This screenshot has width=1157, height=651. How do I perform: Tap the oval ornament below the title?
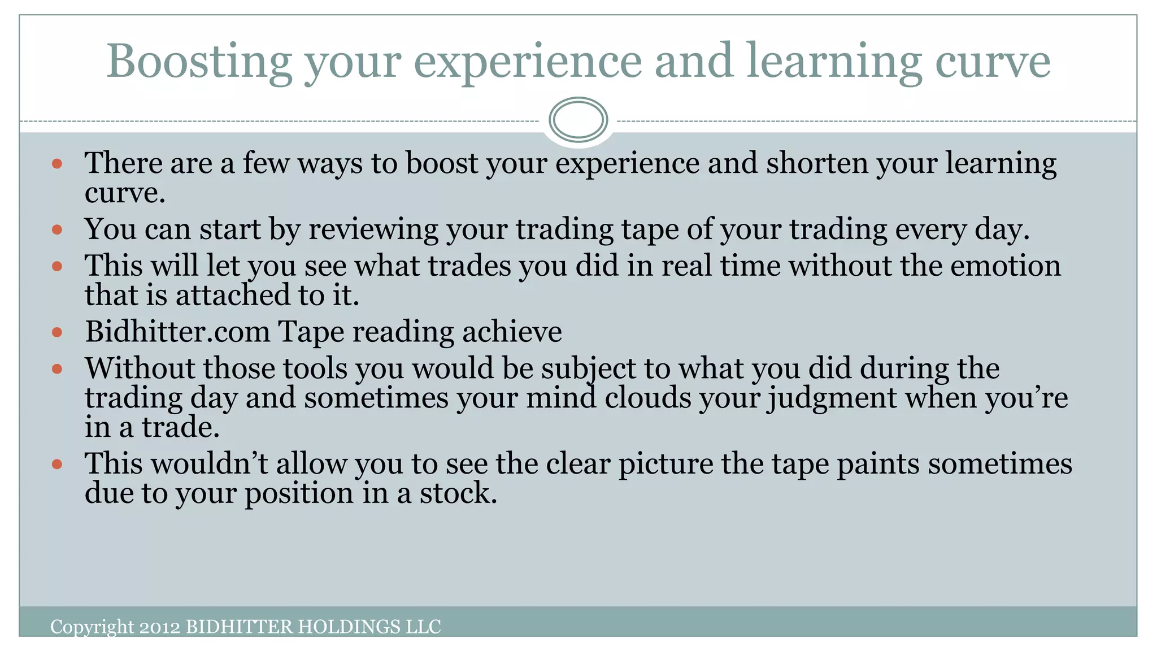(x=578, y=120)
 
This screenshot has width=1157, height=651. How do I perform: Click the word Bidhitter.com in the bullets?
(x=177, y=332)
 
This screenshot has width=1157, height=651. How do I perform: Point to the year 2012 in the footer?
(x=160, y=627)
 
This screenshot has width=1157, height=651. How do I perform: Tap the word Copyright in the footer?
(x=92, y=627)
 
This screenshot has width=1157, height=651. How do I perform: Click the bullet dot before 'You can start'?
(x=57, y=230)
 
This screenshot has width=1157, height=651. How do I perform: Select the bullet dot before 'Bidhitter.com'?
(x=57, y=332)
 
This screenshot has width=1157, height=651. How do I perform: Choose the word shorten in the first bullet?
(x=817, y=163)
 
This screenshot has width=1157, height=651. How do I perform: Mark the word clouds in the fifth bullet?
(x=647, y=398)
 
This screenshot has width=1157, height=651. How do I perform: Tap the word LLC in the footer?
(x=423, y=627)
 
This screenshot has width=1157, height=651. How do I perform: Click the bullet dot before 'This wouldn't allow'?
(x=57, y=465)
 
